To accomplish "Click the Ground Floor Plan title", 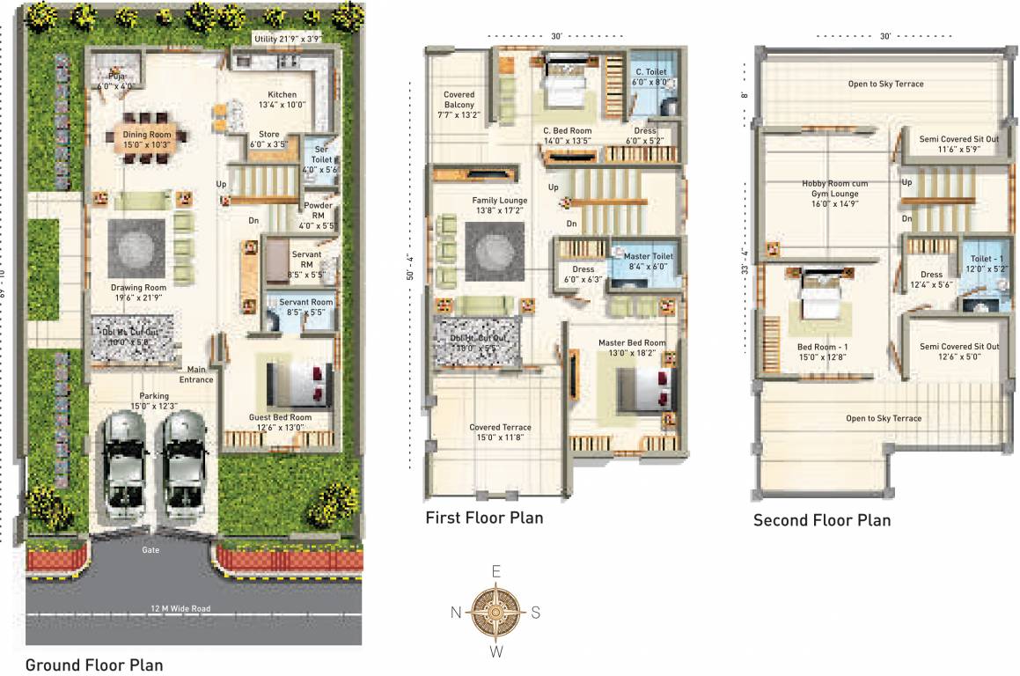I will click(x=94, y=665).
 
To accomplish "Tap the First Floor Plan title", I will click(x=484, y=518).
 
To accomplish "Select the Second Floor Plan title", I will click(x=822, y=520).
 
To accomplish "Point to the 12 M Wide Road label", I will click(x=180, y=608).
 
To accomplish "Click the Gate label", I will click(x=150, y=549).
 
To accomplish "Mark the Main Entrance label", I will click(x=197, y=374).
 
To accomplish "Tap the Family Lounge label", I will click(x=499, y=205).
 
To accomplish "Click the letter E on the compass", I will click(x=496, y=572).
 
